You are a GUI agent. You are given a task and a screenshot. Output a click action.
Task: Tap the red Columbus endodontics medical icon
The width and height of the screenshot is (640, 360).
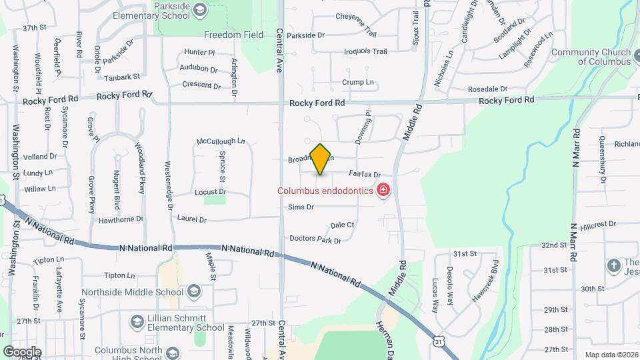point(383,191)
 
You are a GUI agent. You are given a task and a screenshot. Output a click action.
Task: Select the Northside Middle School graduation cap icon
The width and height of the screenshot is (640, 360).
point(193,291)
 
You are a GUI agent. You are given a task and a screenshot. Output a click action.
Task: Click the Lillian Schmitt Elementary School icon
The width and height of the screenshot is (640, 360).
point(137,321)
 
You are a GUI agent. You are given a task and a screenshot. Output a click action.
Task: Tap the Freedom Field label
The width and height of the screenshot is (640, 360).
point(231,35)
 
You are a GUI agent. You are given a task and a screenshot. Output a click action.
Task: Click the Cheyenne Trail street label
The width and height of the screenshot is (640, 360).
point(356,16)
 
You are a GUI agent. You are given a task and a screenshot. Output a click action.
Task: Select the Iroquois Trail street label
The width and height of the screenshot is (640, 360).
point(365,51)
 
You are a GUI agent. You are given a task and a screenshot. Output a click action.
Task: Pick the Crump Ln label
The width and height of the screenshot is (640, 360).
point(358,82)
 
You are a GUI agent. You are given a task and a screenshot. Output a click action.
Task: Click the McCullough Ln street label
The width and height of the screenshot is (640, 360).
point(221,141)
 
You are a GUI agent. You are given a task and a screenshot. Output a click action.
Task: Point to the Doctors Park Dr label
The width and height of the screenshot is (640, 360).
point(315,239)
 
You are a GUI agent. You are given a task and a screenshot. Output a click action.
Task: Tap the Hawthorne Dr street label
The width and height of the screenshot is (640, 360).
point(121,219)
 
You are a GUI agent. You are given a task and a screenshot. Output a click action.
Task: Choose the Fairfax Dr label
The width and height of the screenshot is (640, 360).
point(364,174)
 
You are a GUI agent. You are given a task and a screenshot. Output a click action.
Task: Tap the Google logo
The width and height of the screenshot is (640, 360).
point(22,351)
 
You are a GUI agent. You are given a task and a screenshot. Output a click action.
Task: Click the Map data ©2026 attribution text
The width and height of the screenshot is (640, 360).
point(611,355)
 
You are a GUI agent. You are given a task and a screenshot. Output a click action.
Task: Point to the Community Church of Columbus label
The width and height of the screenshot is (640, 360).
point(591,57)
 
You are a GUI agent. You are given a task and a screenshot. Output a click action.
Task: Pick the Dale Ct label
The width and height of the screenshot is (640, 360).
point(342,225)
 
